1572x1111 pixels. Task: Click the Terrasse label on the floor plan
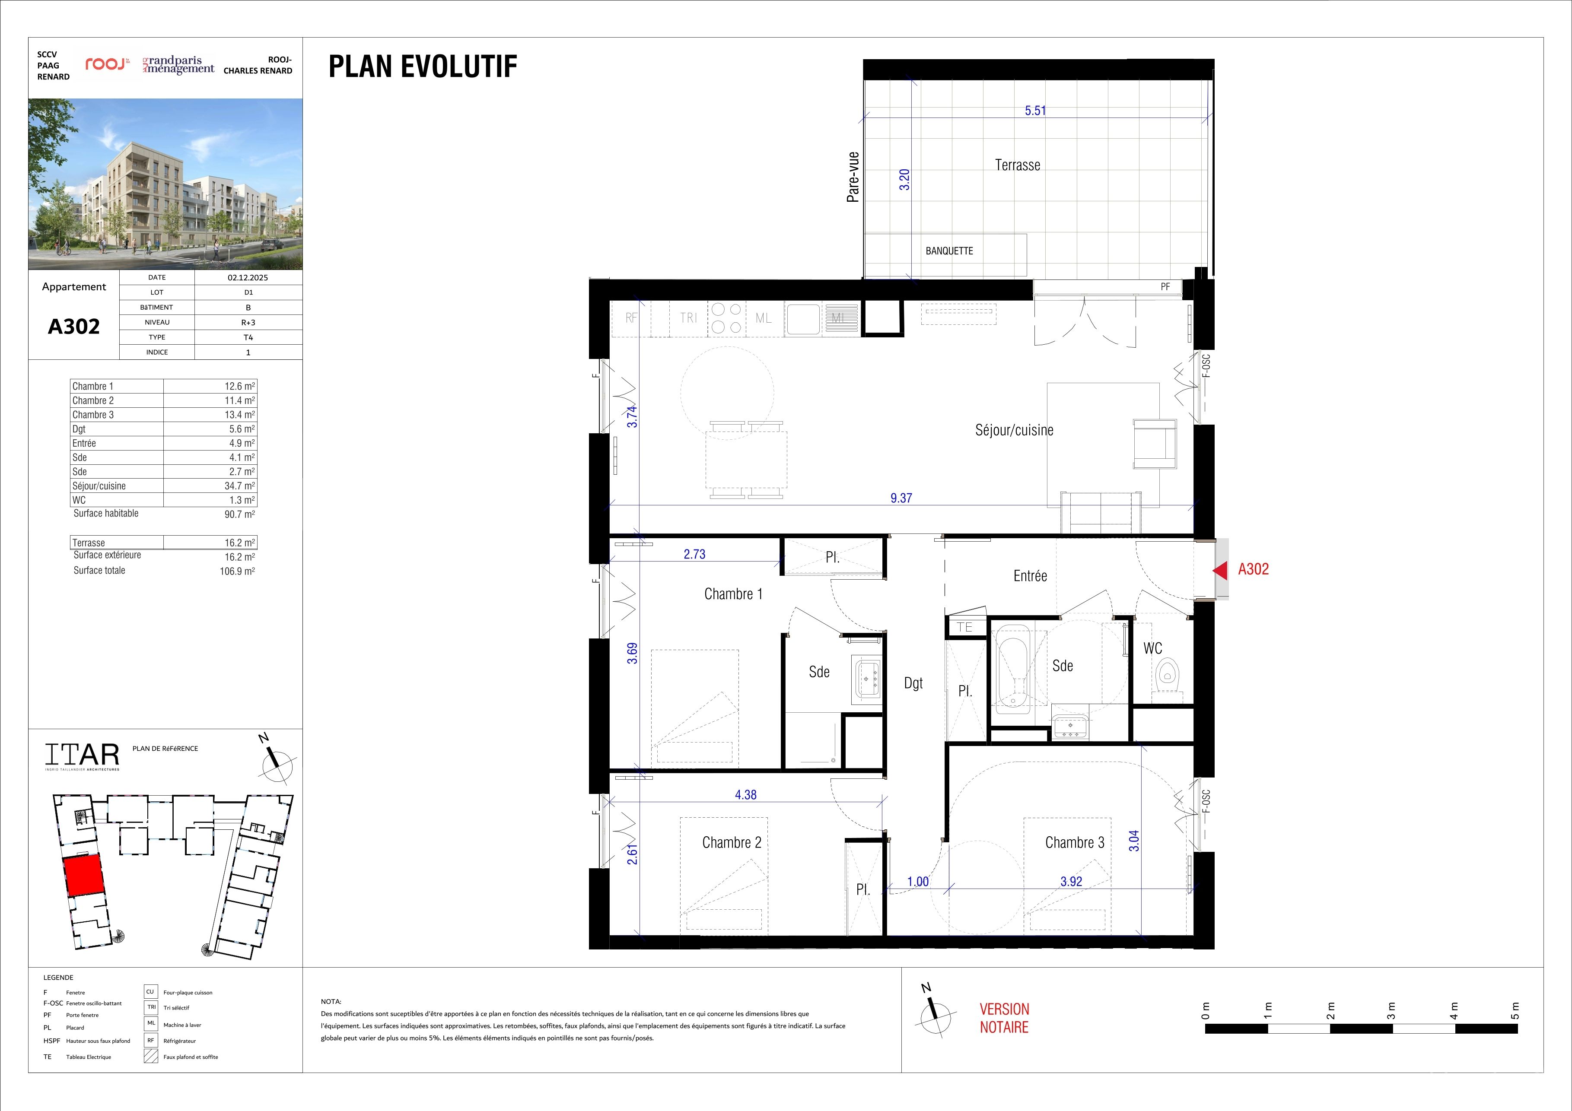[x=1018, y=165]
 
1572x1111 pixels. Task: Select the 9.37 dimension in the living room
[x=901, y=498]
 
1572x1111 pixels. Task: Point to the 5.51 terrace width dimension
[x=1035, y=110]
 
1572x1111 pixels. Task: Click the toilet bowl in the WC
[x=1167, y=675]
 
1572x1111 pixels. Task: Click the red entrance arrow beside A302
[x=1220, y=569]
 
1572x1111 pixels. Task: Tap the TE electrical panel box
[x=965, y=627]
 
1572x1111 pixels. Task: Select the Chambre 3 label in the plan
[x=1074, y=843]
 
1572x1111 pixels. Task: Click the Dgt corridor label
[x=913, y=683]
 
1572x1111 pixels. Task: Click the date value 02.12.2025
[x=248, y=278]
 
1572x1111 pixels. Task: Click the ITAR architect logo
[x=82, y=755]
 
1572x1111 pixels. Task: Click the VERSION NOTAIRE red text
[x=1004, y=1018]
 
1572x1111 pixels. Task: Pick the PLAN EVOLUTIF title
[x=423, y=67]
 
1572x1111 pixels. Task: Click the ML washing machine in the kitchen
[x=764, y=318]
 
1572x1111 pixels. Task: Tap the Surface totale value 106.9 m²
[x=237, y=571]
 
